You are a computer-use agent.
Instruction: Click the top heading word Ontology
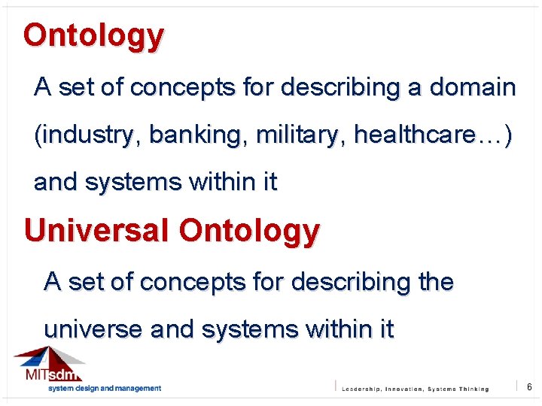[93, 36]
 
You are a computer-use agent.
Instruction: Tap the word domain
[473, 88]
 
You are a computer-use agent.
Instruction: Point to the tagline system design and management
[105, 389]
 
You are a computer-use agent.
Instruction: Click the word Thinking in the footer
[473, 389]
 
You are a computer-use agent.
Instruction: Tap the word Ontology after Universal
[249, 231]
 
